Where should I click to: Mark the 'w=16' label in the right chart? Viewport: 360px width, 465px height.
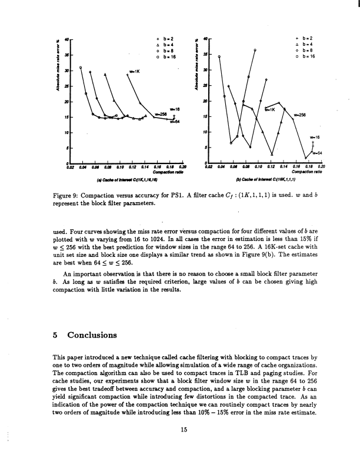pyautogui.click(x=316, y=137)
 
